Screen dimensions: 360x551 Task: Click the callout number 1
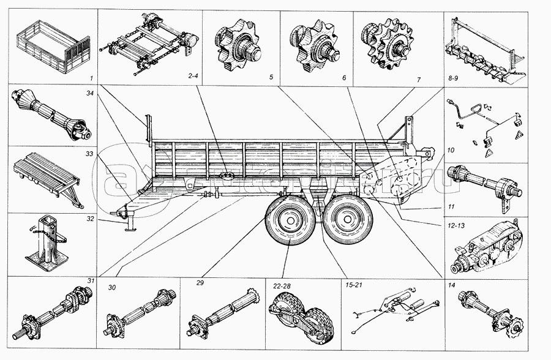[x=90, y=78]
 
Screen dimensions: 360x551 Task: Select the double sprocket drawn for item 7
[x=390, y=44]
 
